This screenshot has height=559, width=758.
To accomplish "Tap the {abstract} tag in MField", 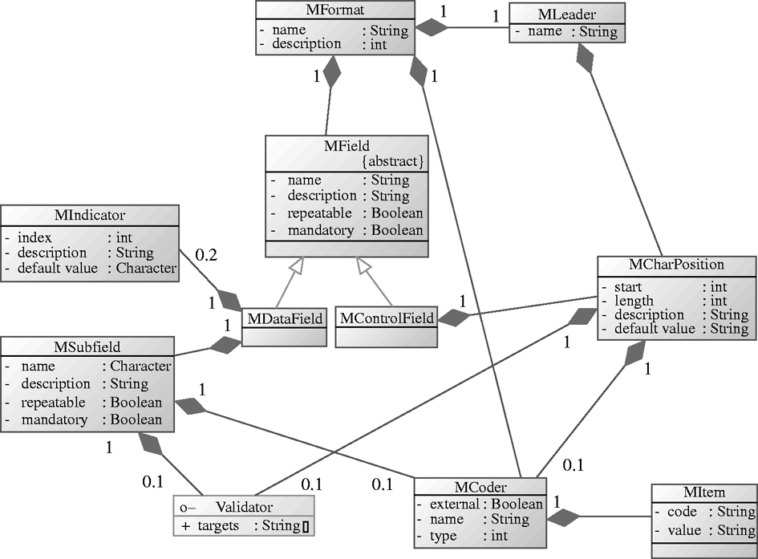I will click(392, 161).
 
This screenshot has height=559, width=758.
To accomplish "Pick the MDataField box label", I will click(286, 318).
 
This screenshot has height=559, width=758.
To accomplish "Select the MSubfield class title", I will click(87, 346).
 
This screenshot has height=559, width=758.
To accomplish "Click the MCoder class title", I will click(480, 487).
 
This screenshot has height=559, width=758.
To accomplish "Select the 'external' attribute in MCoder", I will click(455, 504).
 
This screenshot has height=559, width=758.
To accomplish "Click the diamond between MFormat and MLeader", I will click(433, 29).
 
